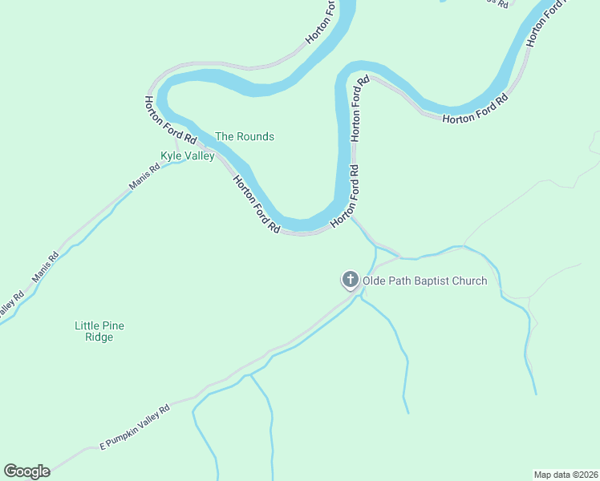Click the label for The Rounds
point(244,136)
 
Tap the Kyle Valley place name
point(188,156)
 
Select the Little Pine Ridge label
point(99,331)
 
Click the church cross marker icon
point(350,280)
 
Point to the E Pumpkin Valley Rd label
point(135,426)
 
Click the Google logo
point(26,471)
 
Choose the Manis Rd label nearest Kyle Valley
point(144,177)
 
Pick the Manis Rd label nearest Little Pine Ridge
point(46,269)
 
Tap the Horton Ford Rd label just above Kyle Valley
point(165,119)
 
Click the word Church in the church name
point(468,281)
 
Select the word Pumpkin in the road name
point(131,429)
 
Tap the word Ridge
point(99,338)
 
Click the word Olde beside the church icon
point(375,281)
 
